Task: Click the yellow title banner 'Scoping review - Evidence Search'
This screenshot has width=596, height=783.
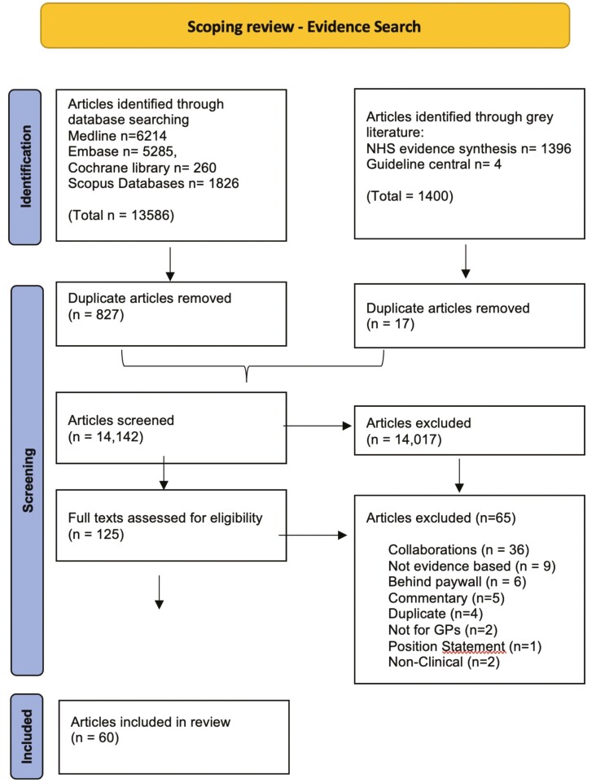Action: click(x=305, y=26)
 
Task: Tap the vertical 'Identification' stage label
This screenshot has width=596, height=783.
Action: click(x=25, y=167)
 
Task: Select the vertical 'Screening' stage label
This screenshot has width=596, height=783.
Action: click(x=27, y=480)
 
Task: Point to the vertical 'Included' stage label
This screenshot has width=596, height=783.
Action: click(x=26, y=736)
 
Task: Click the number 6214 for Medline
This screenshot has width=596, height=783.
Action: click(x=151, y=136)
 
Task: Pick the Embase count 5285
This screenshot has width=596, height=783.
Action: click(x=159, y=152)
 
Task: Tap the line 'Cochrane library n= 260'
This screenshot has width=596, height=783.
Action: click(x=142, y=168)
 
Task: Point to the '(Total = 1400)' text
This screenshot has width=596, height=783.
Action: click(x=410, y=195)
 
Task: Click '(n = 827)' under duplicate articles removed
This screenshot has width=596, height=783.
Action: click(x=96, y=315)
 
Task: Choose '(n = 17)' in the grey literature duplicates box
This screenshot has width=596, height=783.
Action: click(x=390, y=324)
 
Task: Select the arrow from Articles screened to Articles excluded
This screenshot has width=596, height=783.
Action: click(x=318, y=426)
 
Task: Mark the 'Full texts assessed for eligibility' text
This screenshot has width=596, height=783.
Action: click(x=165, y=518)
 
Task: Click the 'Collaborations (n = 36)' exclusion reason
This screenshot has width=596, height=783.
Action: click(x=458, y=549)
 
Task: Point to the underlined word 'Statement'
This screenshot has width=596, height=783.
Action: click(x=474, y=646)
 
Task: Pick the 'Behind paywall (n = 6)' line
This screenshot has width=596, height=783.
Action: click(x=457, y=582)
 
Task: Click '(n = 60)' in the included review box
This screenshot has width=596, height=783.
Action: click(x=95, y=737)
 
